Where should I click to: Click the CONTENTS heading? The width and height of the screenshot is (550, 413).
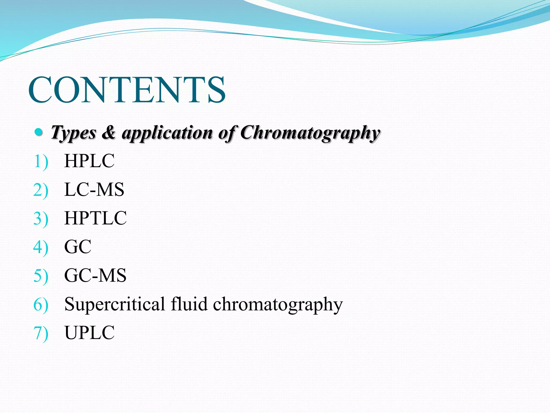coord(127,90)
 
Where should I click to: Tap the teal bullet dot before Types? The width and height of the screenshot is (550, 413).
coord(39,132)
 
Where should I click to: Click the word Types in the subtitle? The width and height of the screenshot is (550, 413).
coord(74,133)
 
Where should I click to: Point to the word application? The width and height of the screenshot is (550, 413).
coord(167,133)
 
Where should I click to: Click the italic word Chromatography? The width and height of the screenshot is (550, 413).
coord(310,133)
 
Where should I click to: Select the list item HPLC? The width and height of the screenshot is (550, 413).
coord(89,161)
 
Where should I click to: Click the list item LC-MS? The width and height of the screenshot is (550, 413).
coord(94,190)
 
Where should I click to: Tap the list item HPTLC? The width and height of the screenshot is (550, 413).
coord(95,218)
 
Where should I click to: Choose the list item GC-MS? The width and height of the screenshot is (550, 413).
coord(95,275)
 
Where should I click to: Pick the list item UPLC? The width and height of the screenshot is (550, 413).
coord(89,333)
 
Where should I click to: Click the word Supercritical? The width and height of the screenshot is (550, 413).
coord(115,304)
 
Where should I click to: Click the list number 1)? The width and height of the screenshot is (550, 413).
coord(41,162)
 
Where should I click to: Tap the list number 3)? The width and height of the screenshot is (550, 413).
coord(41,219)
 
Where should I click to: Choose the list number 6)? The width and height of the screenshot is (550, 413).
coord(41,305)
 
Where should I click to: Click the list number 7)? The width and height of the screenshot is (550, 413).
coord(41,333)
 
